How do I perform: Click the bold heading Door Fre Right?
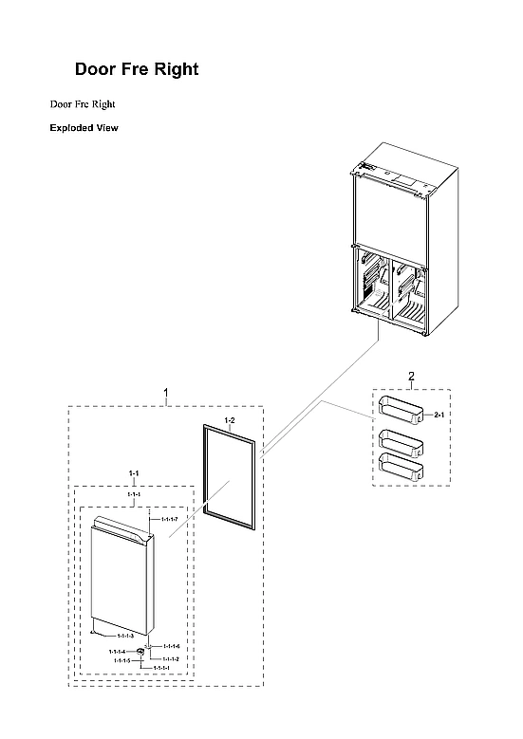[x=137, y=70]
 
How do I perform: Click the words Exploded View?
[x=84, y=128]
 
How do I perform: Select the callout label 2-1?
[x=439, y=416]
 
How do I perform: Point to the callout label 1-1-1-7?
[x=170, y=520]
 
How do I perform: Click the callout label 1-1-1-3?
[x=125, y=635]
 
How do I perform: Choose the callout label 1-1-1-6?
[x=171, y=646]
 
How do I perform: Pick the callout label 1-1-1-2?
[x=171, y=658]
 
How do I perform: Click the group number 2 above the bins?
[x=411, y=377]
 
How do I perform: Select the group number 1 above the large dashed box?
[x=167, y=392]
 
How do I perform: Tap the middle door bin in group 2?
[x=400, y=440]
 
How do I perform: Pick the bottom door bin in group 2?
[x=400, y=465]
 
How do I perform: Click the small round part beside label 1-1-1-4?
[x=140, y=651]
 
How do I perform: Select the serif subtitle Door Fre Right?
[x=83, y=103]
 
